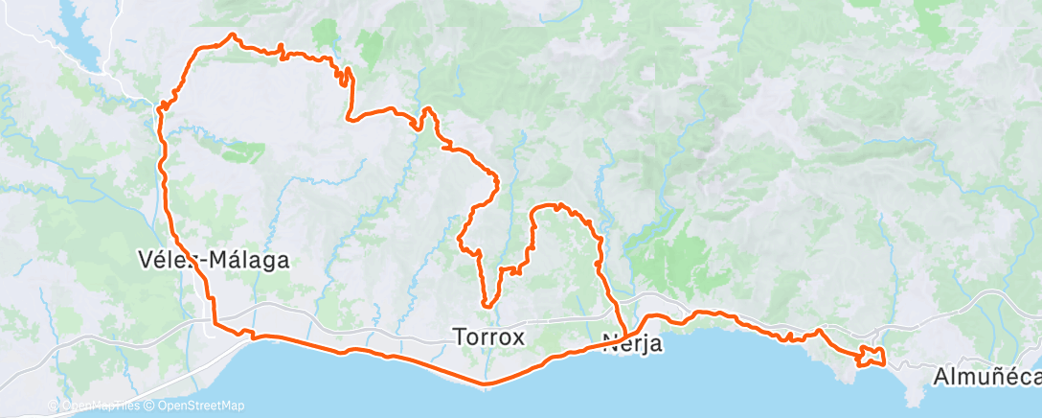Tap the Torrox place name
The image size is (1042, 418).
488,337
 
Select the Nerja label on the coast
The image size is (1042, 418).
633,342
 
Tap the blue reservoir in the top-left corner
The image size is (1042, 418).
72,43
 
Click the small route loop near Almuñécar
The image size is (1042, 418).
872,357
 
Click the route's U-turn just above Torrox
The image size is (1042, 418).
488,305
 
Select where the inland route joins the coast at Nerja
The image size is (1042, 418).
623,335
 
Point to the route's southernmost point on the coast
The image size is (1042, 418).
487,385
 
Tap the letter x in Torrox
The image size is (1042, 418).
520,337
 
